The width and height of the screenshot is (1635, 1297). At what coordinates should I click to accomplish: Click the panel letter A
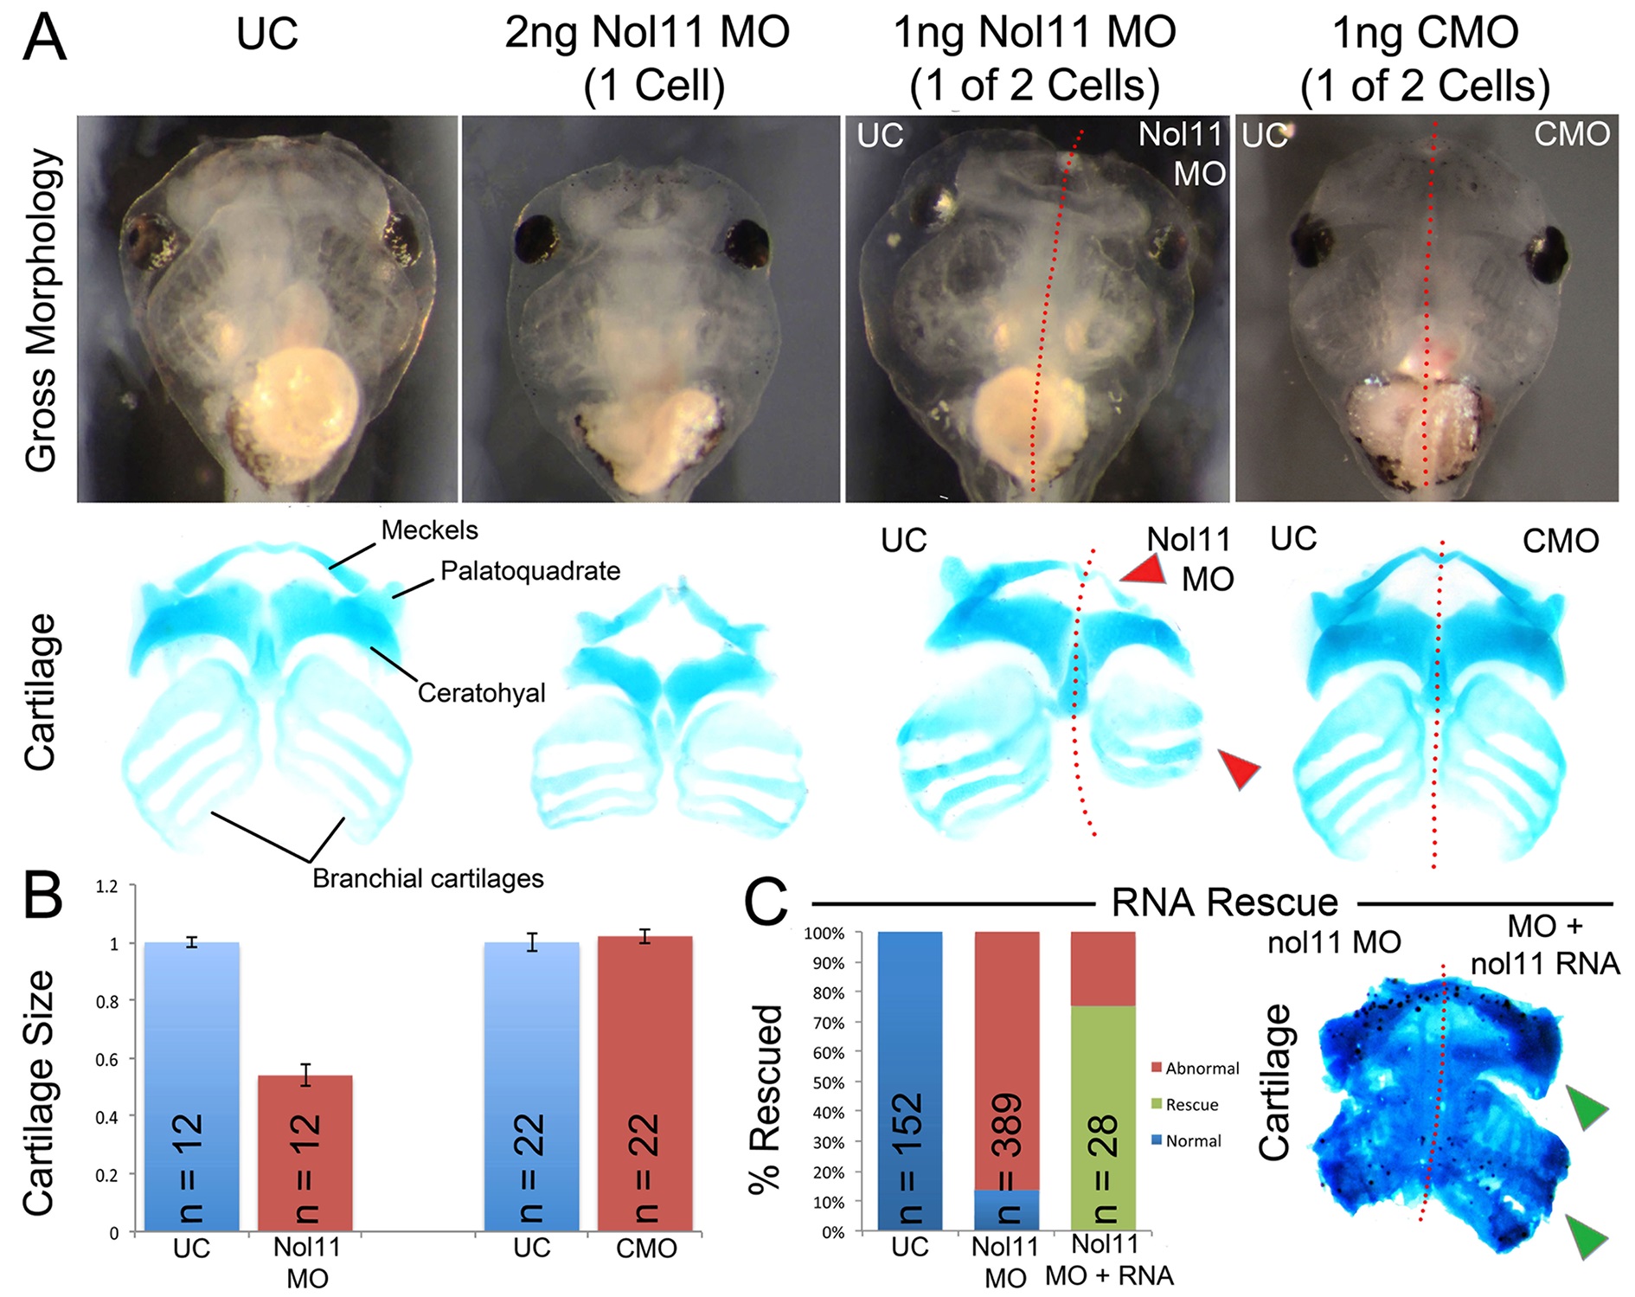click(44, 38)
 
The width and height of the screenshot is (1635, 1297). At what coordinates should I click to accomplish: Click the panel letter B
click(42, 897)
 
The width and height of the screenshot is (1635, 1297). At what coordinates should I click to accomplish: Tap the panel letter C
click(766, 902)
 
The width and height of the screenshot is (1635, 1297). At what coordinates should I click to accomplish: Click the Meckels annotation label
click(429, 530)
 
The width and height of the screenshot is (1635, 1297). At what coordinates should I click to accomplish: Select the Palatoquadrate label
click(529, 571)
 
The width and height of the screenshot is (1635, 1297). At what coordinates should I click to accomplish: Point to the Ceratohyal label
click(481, 693)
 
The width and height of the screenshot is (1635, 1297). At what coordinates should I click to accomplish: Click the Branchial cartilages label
click(427, 879)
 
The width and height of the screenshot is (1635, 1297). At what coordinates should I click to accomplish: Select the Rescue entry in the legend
click(1191, 1105)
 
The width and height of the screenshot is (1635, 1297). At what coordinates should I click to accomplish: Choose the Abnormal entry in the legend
click(1202, 1069)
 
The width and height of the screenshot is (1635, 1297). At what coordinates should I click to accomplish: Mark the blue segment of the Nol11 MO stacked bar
click(1007, 1210)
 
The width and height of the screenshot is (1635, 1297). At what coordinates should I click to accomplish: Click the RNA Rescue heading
click(1223, 902)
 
